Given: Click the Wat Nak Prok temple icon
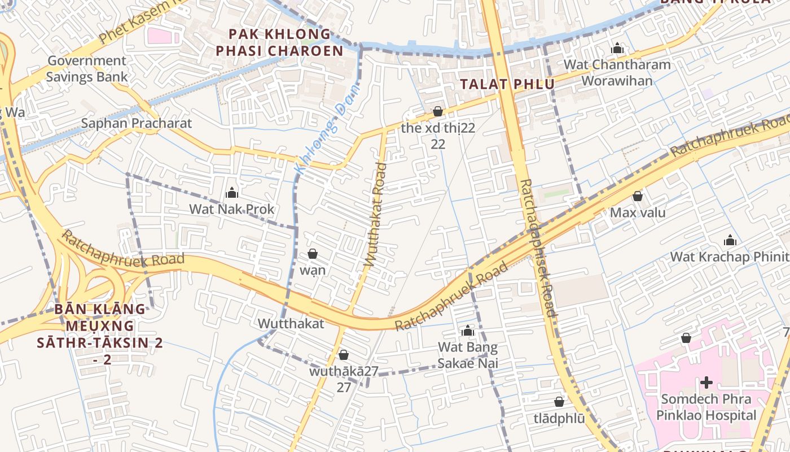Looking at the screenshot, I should click(x=232, y=193).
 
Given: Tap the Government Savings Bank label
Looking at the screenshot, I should click(x=86, y=68).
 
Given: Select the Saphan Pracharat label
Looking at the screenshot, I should click(x=137, y=123).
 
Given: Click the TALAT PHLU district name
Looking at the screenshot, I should click(x=507, y=84).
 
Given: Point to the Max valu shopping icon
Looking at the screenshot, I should click(x=638, y=196).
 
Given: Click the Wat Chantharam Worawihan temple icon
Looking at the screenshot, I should click(x=617, y=48).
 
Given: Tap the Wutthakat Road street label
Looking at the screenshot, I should click(x=376, y=215).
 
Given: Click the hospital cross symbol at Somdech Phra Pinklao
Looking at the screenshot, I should click(x=706, y=383).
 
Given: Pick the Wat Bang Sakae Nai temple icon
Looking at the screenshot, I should click(x=468, y=331).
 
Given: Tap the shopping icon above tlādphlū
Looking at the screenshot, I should click(x=559, y=402).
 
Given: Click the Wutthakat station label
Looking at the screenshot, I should click(x=291, y=324).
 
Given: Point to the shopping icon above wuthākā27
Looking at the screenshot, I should click(x=343, y=355).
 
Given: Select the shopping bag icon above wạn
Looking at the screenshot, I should click(x=312, y=254).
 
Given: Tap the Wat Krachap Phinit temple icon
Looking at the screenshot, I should click(x=730, y=240).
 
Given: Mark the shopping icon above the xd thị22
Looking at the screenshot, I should click(x=438, y=111).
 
